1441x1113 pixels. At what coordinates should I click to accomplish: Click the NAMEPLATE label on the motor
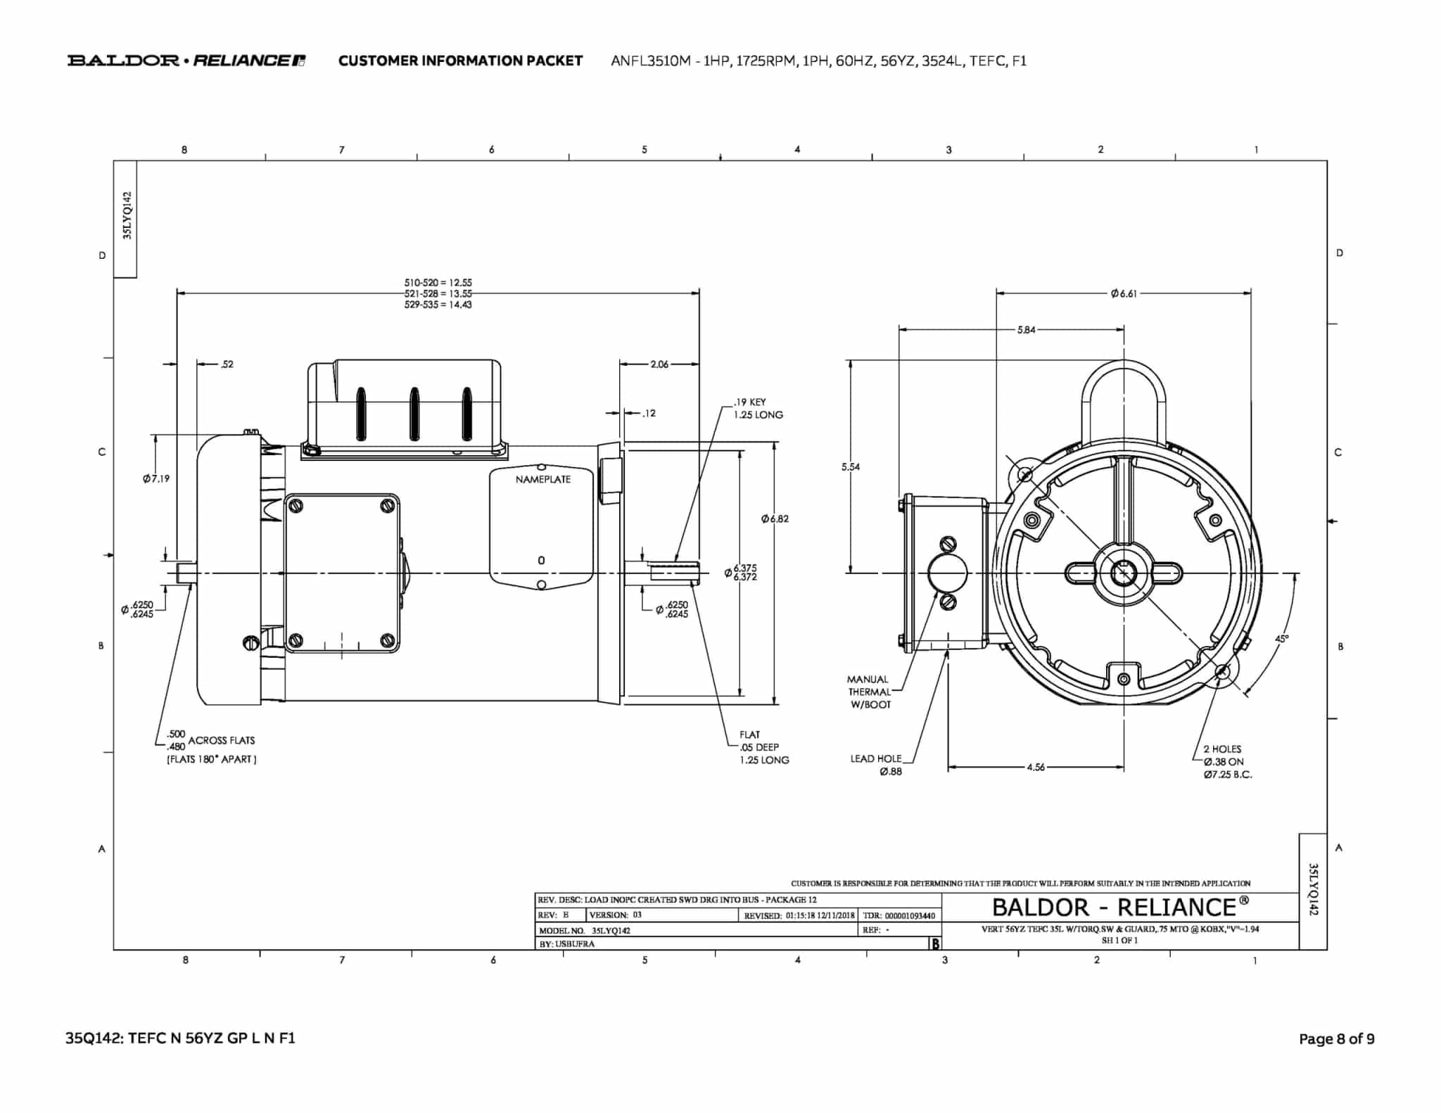point(542,480)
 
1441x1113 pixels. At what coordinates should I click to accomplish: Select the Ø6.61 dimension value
point(1124,294)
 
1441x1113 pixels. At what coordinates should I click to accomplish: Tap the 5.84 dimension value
point(1027,330)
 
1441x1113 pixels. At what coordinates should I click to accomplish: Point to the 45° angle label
point(1282,639)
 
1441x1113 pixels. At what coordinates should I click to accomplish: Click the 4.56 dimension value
point(1036,768)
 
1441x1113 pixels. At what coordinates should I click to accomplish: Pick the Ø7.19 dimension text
point(155,479)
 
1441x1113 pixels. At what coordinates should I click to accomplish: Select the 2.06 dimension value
point(659,364)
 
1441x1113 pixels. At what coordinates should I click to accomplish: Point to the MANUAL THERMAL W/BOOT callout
point(868,692)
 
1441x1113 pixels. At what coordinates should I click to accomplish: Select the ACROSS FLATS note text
point(221,741)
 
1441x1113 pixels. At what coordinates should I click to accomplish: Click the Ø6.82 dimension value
point(775,519)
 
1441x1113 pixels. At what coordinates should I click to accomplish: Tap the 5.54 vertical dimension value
point(850,467)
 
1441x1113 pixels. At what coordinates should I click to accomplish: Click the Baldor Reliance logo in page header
point(186,61)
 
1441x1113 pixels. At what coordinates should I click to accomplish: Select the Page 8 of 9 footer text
point(1336,1039)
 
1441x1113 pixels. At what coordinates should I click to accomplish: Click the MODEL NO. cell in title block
point(584,930)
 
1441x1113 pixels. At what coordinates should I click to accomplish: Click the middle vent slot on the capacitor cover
point(414,414)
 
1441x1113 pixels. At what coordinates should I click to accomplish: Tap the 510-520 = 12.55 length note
point(438,283)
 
